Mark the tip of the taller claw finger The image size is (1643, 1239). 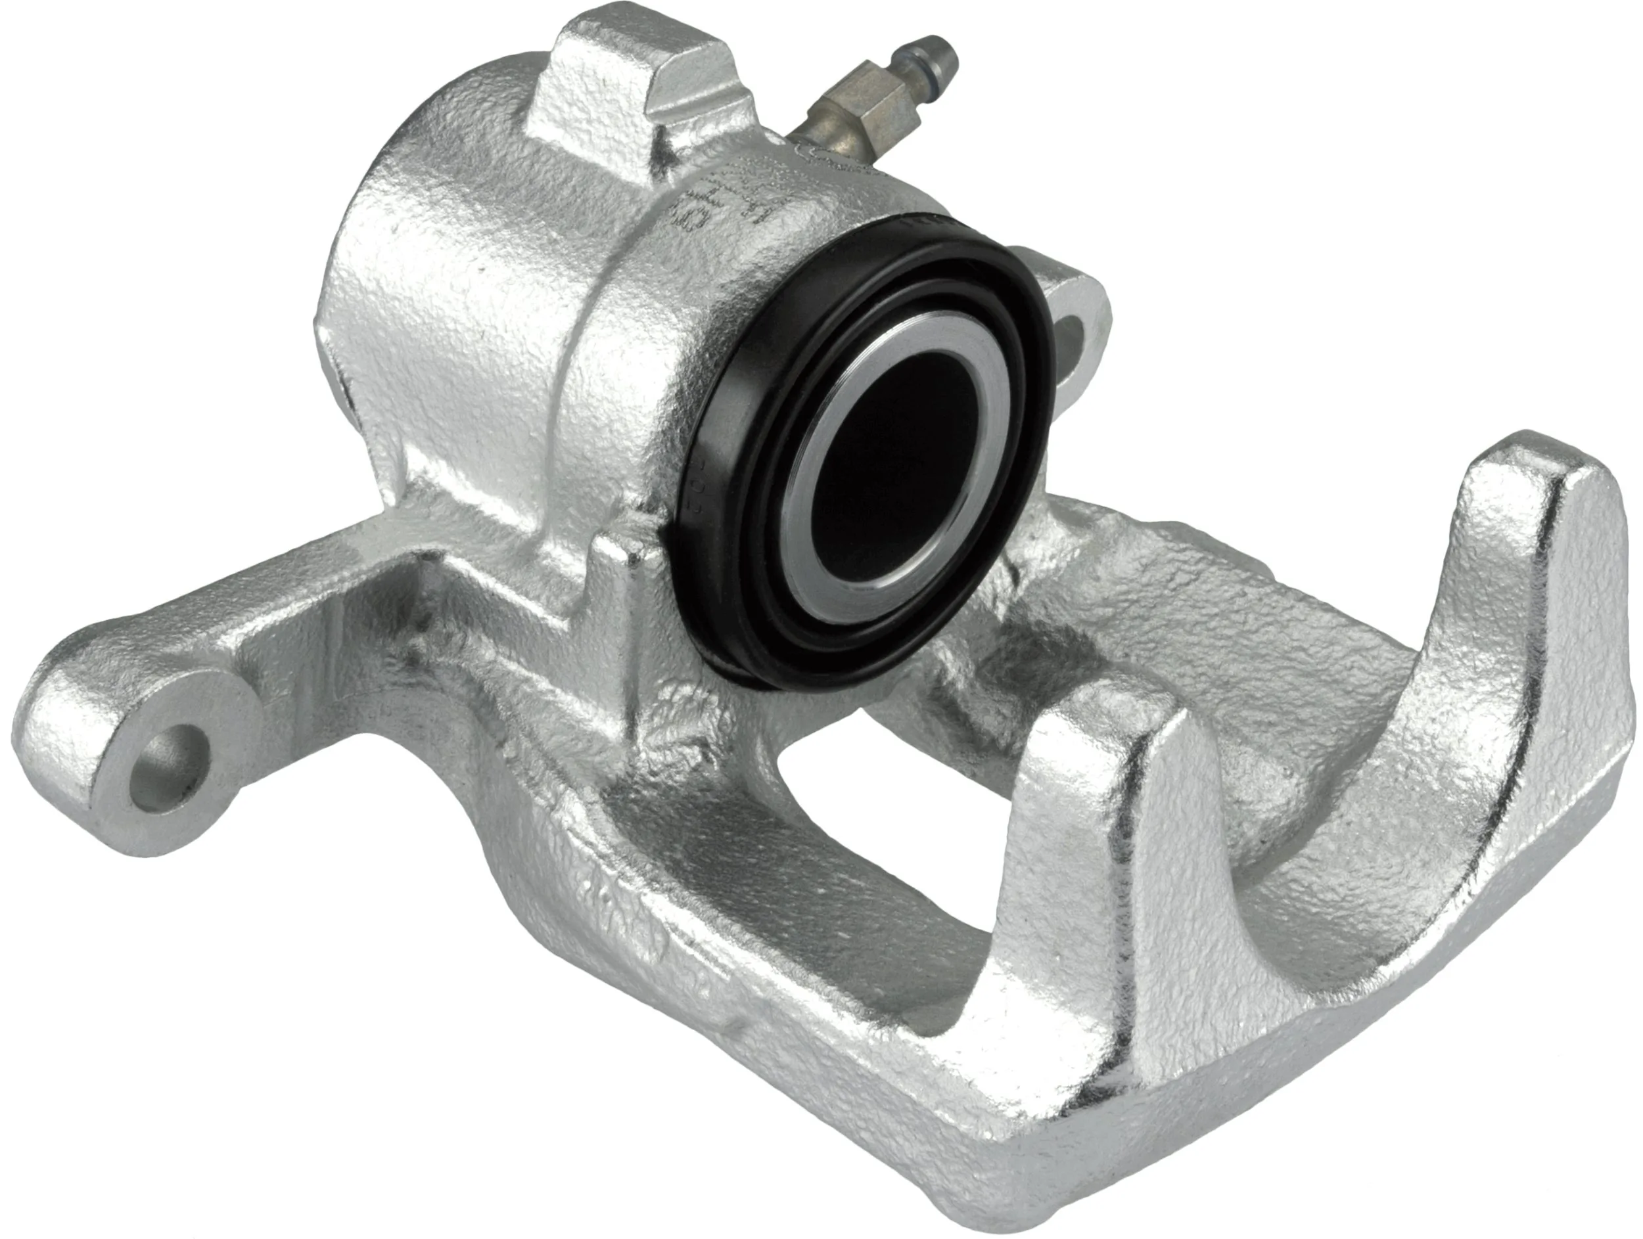1545,461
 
